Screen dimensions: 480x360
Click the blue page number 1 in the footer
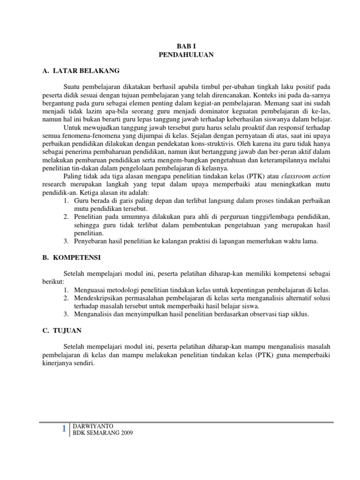64,429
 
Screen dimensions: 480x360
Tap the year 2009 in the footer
125,433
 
